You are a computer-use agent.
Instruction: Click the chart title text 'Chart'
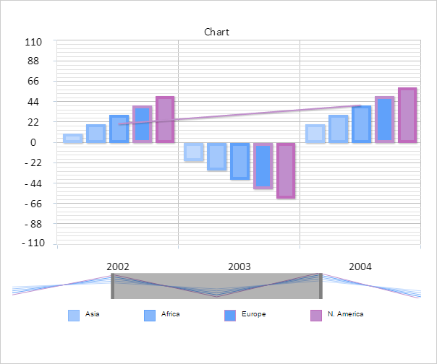216,32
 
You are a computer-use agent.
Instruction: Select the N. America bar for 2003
286,170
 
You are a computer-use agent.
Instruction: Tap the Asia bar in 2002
72,138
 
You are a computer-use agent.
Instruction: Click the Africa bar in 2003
216,156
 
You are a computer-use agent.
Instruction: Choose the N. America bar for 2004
407,115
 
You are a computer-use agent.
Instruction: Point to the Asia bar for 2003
193,151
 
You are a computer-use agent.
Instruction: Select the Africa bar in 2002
96,133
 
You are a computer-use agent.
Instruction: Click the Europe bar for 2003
239,160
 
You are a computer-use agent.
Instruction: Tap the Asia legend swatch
74,315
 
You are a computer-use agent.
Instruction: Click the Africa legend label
170,314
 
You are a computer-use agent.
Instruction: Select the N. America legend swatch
316,315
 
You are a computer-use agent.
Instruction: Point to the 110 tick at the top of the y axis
33,42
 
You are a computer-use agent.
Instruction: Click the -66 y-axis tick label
32,204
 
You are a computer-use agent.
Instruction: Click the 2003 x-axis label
239,266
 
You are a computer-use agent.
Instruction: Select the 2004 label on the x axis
360,266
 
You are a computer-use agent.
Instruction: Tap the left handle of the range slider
113,286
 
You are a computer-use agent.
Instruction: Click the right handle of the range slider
320,286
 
